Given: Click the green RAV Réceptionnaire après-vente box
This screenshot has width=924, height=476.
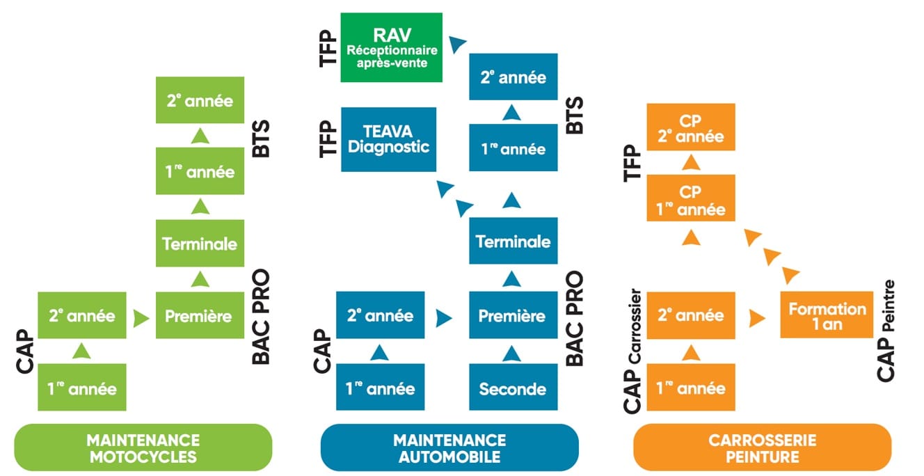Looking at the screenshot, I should pyautogui.click(x=392, y=47).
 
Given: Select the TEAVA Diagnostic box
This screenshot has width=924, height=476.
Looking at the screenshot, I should pyautogui.click(x=389, y=139).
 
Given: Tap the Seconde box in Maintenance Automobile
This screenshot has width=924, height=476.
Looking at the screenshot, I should pyautogui.click(x=512, y=388).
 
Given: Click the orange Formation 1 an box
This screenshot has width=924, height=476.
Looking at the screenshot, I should pyautogui.click(x=827, y=315).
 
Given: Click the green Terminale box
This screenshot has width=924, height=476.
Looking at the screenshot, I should pyautogui.click(x=199, y=244).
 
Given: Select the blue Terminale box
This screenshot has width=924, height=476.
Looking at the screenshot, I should pyautogui.click(x=512, y=241).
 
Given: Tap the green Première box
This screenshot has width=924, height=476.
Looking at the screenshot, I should pyautogui.click(x=198, y=315).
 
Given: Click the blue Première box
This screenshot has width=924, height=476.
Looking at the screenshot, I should pyautogui.click(x=512, y=315).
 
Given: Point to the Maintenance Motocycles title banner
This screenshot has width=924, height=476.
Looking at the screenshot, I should pyautogui.click(x=143, y=448).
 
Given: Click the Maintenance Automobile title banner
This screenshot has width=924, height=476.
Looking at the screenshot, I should pyautogui.click(x=449, y=448).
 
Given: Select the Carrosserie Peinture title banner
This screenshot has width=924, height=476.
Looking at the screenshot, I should pyautogui.click(x=762, y=448).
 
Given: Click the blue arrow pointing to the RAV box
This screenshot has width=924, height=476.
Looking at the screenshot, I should pyautogui.click(x=456, y=45).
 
